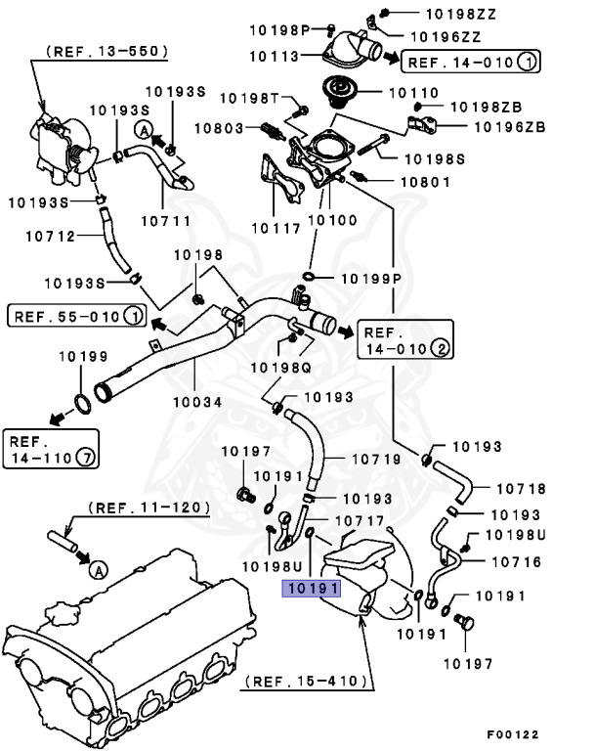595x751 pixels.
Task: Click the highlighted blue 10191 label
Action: tap(311, 589)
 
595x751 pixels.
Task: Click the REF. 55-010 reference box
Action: tap(76, 316)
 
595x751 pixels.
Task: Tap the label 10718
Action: tap(520, 487)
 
